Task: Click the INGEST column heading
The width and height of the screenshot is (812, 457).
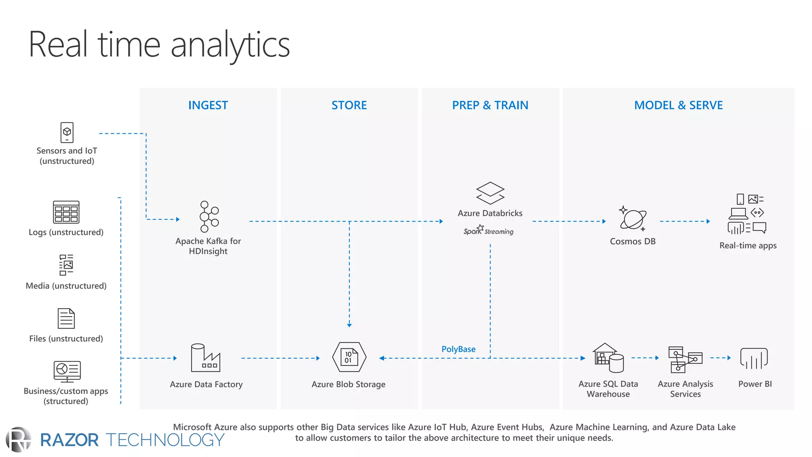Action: [x=208, y=105]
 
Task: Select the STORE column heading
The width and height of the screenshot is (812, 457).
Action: [x=349, y=105]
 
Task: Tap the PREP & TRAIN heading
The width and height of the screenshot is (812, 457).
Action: [x=490, y=105]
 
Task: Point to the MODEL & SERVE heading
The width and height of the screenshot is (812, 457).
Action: [x=678, y=105]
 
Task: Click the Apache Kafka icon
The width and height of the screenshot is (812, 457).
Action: [x=209, y=217]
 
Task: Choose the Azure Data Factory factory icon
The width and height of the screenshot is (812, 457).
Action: [x=205, y=358]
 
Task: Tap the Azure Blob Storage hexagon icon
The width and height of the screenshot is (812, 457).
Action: [x=349, y=357]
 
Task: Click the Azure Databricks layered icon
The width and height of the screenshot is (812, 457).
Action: [x=490, y=193]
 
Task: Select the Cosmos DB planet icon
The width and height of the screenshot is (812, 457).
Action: [x=633, y=219]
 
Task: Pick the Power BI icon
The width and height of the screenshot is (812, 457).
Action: [x=754, y=359]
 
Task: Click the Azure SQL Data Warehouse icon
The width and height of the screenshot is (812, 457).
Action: [x=608, y=358]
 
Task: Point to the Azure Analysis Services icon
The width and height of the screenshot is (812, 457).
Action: [x=685, y=359]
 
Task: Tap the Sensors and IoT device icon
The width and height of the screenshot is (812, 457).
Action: [x=67, y=132]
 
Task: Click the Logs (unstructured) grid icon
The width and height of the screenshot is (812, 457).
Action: [x=66, y=212]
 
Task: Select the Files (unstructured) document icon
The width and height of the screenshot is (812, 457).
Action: [x=66, y=318]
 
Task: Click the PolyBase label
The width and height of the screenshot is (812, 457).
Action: [x=458, y=349]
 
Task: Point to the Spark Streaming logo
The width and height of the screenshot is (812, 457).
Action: [x=488, y=230]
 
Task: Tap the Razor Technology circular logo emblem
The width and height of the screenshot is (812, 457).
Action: [x=19, y=440]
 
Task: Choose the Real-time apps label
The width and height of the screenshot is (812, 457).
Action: [x=748, y=246]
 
